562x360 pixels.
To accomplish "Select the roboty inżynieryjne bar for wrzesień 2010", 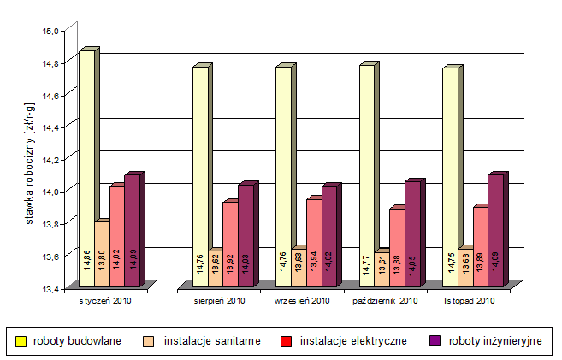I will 328,234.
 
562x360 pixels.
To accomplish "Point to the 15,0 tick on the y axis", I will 52,31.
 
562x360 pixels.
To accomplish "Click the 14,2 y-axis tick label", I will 52,159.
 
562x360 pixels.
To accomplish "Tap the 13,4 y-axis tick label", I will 52,288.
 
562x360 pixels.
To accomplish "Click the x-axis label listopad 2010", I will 470,301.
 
